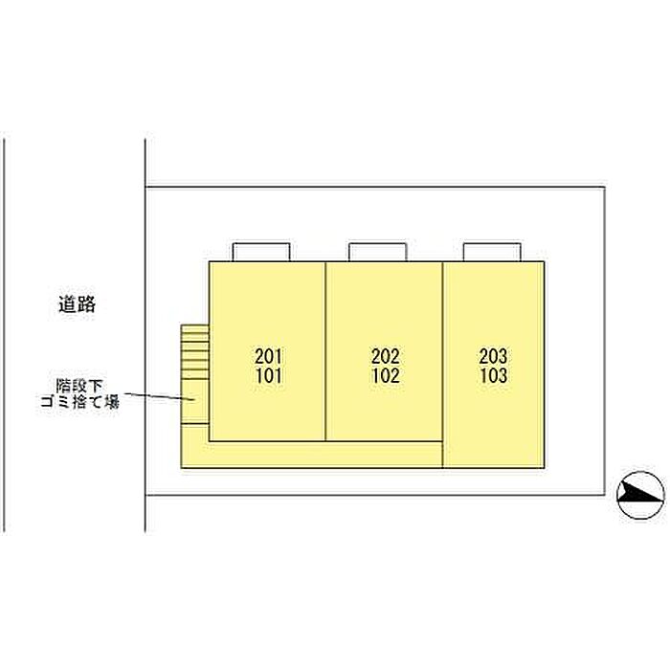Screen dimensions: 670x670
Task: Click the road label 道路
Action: pos(78,305)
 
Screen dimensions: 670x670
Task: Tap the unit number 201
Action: pos(269,356)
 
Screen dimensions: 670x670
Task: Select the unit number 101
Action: pos(269,375)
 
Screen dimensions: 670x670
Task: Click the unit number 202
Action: pos(385,356)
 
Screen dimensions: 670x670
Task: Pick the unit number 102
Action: pos(385,375)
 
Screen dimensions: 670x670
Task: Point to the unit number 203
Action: pos(493,356)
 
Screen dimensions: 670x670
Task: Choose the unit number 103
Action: pos(493,375)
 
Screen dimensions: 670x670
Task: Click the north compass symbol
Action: pos(640,495)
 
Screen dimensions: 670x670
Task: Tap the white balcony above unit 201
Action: pos(260,252)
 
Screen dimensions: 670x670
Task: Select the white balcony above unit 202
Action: pos(376,252)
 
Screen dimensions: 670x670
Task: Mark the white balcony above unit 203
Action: pos(492,252)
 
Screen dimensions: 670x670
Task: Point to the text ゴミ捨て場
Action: pos(86,403)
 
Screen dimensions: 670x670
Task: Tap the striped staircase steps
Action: pos(194,350)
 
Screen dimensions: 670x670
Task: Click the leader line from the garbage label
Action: pos(158,394)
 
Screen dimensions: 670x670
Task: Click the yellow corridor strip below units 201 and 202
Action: pos(316,455)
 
